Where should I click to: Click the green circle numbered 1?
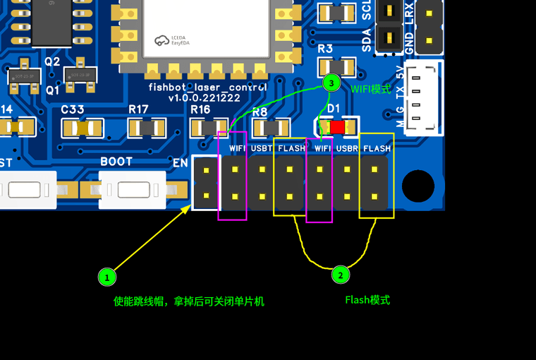coord(106,277)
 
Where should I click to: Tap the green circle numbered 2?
coord(340,275)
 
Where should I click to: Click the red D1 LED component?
coord(337,127)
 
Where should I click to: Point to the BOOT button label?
coord(116,162)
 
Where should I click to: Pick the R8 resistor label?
coord(260,112)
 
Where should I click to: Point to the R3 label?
coord(325,49)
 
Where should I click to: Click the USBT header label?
coord(262,149)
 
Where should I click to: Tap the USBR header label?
coord(348,149)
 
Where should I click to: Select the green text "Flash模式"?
coord(367,300)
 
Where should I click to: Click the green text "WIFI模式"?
coord(370,89)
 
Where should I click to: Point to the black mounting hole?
coord(418,186)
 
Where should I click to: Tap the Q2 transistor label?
coord(52,61)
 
